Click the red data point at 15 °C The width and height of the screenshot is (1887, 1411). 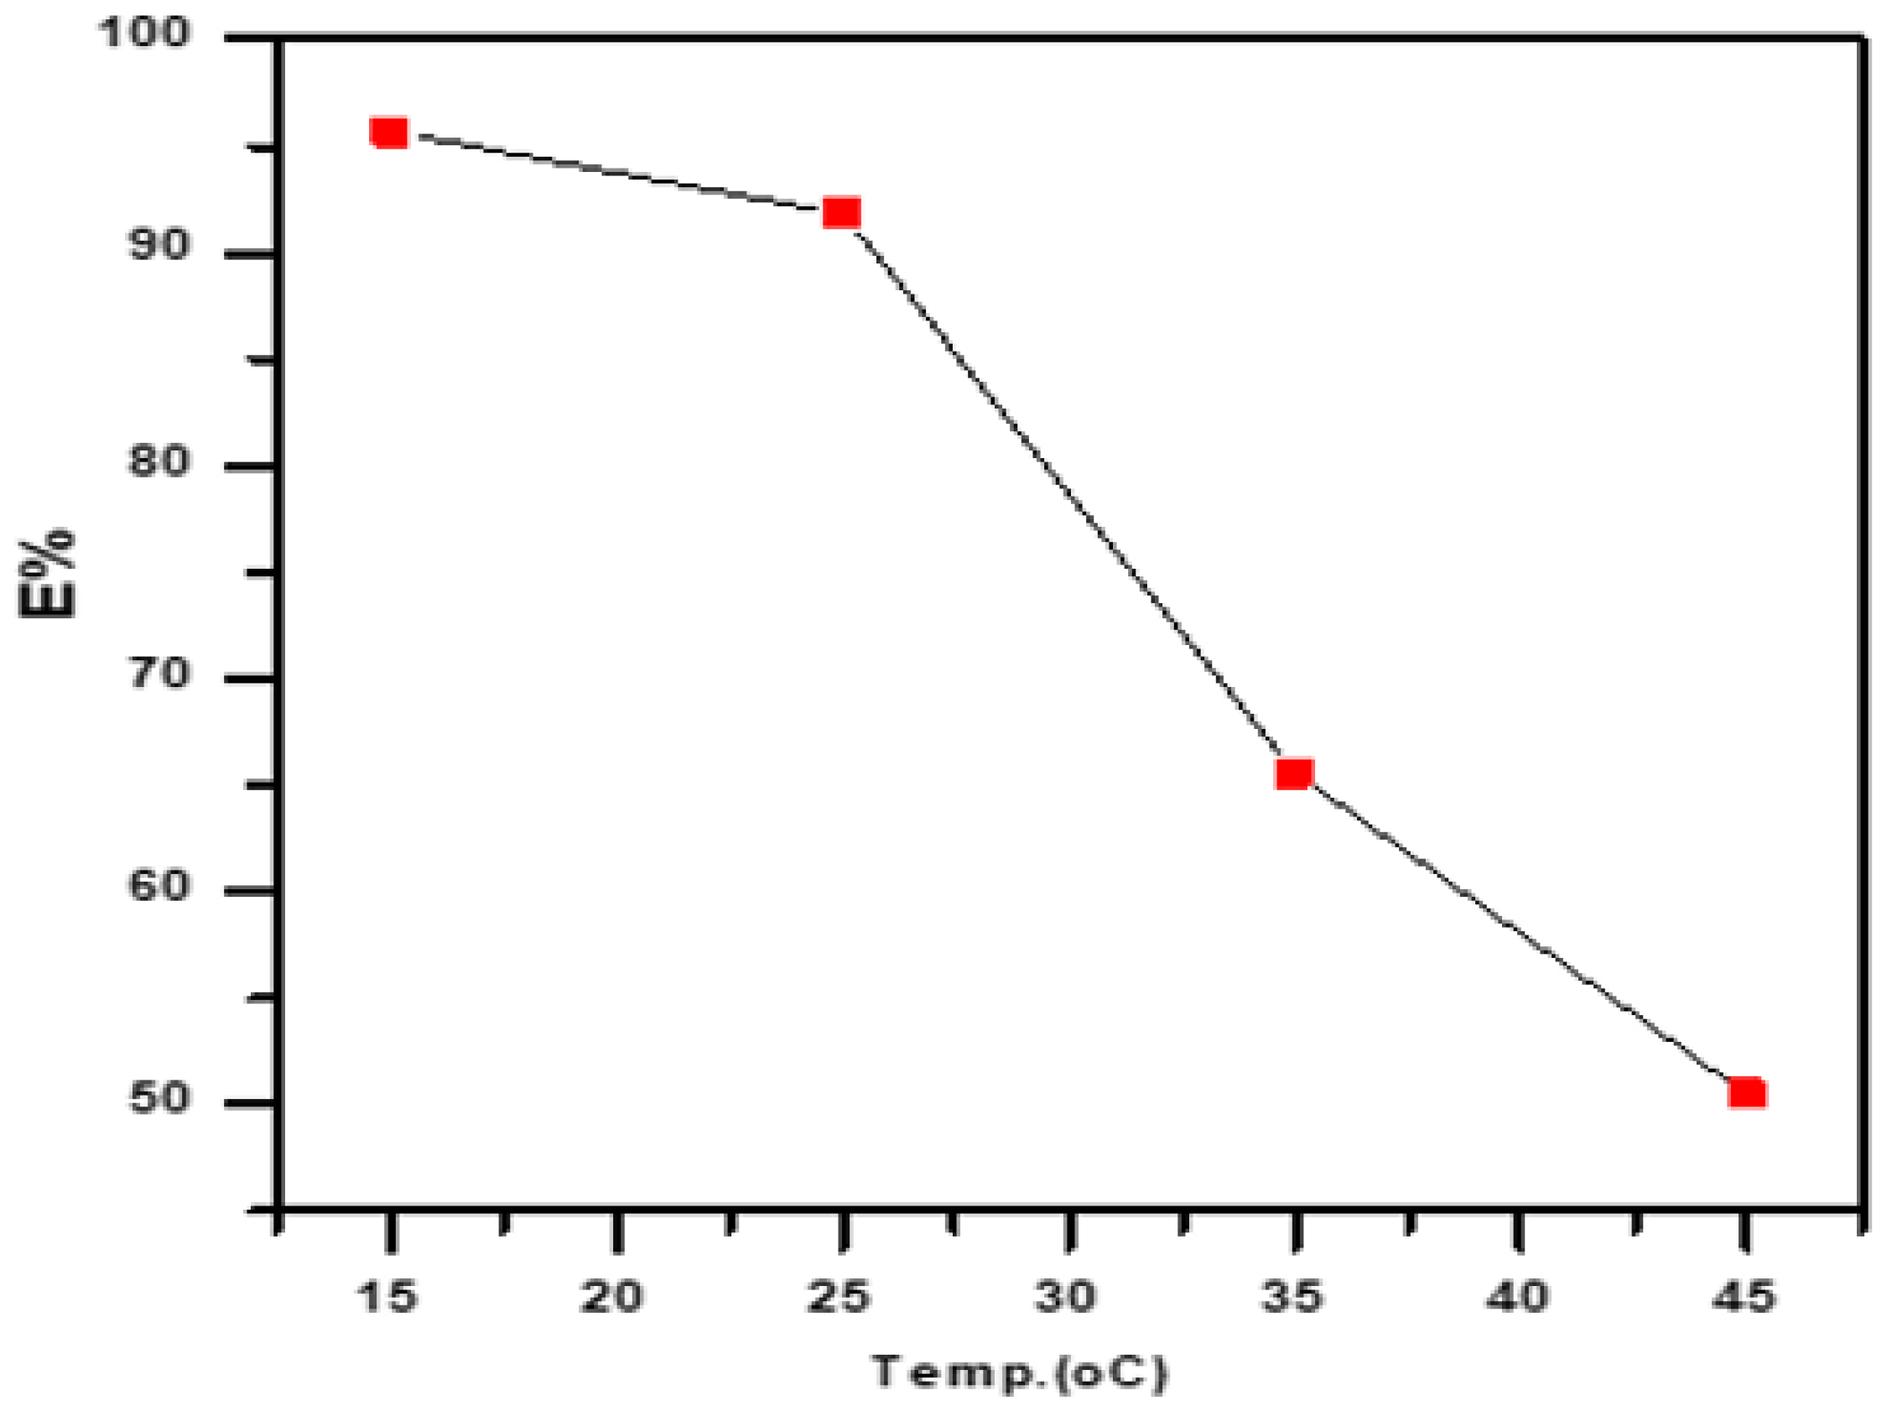click(389, 133)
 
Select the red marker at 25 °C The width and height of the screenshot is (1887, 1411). click(841, 212)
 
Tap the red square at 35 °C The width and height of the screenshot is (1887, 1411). click(1293, 773)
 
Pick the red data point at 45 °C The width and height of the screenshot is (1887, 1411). click(1746, 1093)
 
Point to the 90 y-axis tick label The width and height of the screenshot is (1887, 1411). click(158, 246)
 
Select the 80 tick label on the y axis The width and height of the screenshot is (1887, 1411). click(158, 461)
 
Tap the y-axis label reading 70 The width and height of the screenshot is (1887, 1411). click(158, 674)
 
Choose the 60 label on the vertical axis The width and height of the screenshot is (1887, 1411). click(158, 886)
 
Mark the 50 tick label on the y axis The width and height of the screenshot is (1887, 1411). click(158, 1098)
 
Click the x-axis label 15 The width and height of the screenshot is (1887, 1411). click(387, 1298)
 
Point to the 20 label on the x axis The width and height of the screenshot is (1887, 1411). click(612, 1298)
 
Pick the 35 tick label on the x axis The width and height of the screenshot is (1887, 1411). click(1292, 1298)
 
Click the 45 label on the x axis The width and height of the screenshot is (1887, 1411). click(1744, 1298)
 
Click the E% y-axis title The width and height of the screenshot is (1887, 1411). click(48, 573)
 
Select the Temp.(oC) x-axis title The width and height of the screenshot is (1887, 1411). click(1020, 1374)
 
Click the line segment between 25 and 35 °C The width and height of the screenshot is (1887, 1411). click(1067, 493)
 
